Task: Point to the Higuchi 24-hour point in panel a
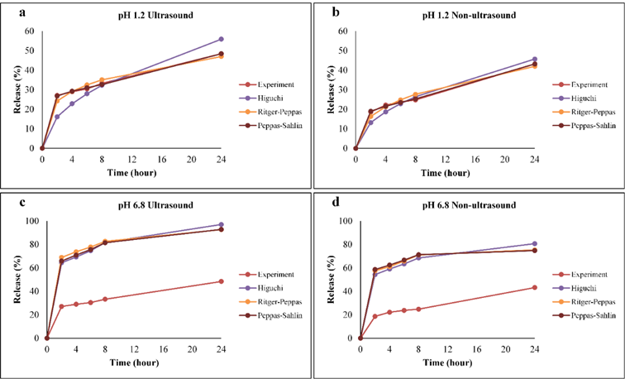(221, 39)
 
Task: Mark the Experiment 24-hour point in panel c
(221, 281)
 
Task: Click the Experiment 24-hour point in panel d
(534, 287)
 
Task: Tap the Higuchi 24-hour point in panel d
(534, 243)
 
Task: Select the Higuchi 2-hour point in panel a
(57, 117)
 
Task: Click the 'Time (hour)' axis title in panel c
(133, 364)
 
